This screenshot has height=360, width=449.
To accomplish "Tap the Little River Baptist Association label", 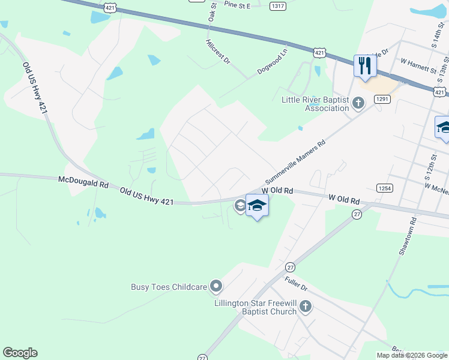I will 315,104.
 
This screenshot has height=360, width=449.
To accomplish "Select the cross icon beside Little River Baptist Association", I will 358,104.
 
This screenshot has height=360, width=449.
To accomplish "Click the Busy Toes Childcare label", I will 169,287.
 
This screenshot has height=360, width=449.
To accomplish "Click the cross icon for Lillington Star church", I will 306,307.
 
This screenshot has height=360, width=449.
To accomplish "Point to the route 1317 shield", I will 278,5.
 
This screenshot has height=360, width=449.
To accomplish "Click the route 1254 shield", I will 385,188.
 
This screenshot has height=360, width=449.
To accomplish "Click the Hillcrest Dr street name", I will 218,52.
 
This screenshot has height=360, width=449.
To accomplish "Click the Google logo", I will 20,353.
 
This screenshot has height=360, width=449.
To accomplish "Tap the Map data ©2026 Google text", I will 412,355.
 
